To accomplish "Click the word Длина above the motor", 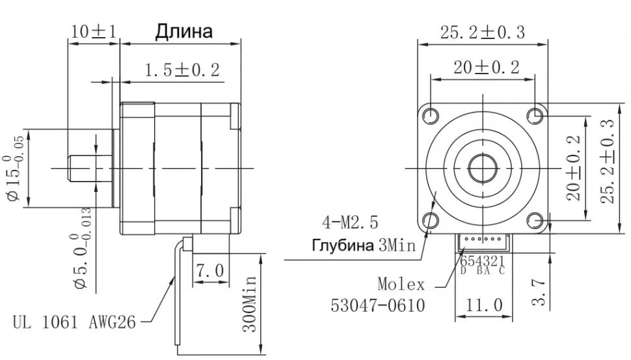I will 183,32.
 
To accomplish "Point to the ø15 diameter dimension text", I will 14,167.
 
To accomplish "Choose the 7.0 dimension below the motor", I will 209,269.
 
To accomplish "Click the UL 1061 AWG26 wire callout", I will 75,322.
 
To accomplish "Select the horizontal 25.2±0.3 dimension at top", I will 482,33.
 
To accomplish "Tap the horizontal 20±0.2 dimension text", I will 482,67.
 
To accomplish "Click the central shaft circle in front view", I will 482,167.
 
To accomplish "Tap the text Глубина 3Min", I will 364,246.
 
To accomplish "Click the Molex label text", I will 401,284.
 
